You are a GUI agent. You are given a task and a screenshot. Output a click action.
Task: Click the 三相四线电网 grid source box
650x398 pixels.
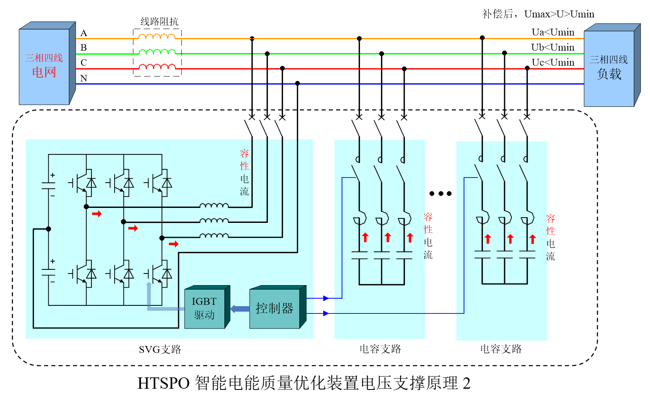[x=44, y=66]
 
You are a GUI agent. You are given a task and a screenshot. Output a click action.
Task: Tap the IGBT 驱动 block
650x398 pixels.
[x=205, y=308]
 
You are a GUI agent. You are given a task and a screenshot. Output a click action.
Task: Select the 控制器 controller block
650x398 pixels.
[x=275, y=308]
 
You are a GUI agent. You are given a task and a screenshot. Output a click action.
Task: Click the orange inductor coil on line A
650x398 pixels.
[x=157, y=37]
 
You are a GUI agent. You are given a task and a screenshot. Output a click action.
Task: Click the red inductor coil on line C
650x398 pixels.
[x=157, y=67]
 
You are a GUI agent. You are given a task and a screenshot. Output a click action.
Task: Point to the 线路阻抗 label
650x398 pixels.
[x=159, y=21]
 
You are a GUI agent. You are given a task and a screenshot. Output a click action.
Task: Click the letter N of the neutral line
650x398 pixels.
[x=84, y=78]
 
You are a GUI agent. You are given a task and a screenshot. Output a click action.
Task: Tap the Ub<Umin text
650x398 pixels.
[x=552, y=47]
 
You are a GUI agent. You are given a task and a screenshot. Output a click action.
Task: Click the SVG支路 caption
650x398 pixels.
[x=160, y=349]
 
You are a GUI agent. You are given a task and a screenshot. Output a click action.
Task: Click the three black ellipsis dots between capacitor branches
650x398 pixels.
[x=440, y=194]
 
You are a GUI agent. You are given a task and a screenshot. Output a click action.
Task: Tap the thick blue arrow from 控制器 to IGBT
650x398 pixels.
[x=240, y=309]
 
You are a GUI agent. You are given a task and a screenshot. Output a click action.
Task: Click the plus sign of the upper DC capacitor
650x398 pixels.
[x=53, y=175]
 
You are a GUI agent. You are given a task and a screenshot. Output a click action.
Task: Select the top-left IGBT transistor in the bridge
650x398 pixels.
[x=83, y=183]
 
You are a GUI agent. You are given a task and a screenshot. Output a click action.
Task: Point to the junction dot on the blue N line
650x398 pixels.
[x=297, y=83]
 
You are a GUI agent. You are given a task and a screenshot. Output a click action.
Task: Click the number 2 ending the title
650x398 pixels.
[x=466, y=383]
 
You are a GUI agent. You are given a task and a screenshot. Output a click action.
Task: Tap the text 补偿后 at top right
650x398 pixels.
[x=492, y=14]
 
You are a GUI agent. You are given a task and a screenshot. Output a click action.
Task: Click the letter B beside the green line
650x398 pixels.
[x=83, y=48]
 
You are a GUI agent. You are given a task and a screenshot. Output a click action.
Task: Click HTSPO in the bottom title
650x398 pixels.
[x=164, y=383]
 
